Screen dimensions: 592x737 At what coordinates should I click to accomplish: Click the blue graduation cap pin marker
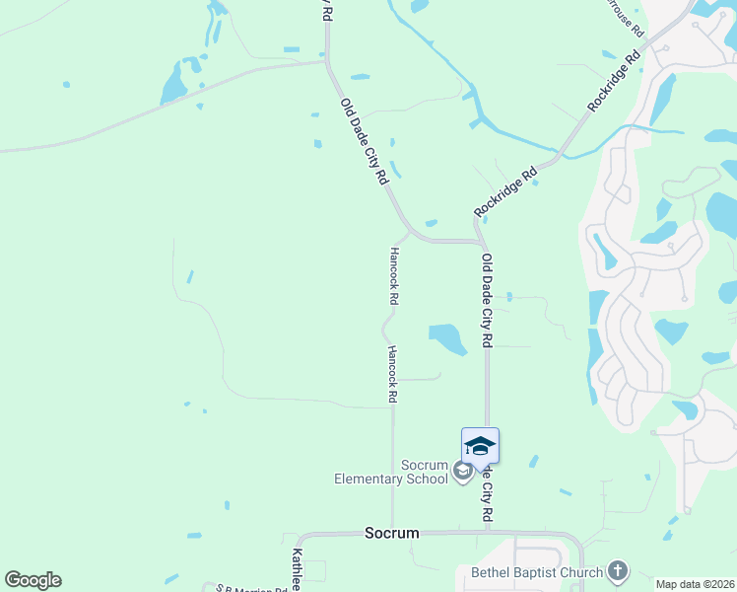480,445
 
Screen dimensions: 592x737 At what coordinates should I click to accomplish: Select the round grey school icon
462,473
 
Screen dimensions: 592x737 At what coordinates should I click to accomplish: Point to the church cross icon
617,571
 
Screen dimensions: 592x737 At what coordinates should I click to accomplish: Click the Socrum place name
391,533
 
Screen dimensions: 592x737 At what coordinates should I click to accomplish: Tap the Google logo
33,580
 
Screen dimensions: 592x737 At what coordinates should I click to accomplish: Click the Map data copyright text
696,584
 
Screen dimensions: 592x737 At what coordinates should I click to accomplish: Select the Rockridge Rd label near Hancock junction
505,191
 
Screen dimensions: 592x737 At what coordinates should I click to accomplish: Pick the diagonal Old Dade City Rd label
364,141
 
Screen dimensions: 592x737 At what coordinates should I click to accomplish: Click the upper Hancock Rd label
395,274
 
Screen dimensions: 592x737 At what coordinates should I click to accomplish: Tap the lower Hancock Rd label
392,374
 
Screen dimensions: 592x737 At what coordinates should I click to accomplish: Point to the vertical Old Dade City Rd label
487,300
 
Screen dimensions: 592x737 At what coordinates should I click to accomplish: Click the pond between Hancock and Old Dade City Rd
448,338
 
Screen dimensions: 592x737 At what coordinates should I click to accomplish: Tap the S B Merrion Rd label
252,589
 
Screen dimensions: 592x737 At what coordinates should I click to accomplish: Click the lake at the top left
174,82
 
